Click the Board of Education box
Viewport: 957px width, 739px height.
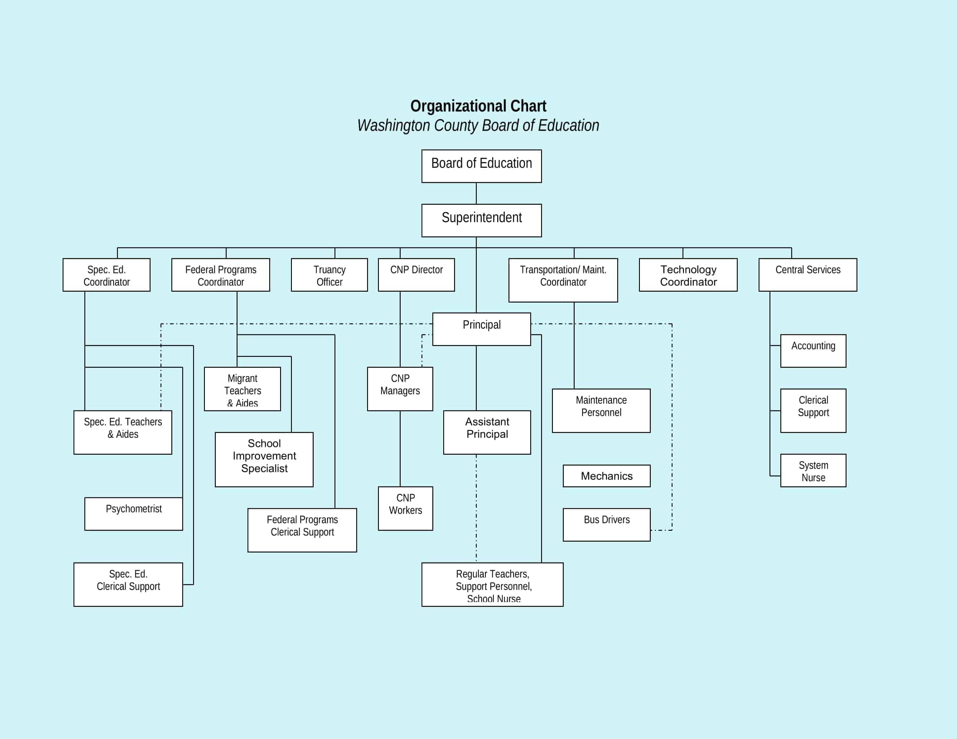click(482, 166)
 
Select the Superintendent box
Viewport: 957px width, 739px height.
click(482, 220)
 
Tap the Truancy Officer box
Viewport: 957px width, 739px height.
click(329, 275)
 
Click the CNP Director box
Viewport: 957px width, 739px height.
click(416, 275)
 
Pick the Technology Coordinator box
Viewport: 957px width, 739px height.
click(688, 275)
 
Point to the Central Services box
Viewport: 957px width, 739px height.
click(808, 275)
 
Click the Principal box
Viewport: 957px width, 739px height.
click(482, 329)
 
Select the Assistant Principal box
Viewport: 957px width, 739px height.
click(487, 432)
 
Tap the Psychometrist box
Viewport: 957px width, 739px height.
click(134, 513)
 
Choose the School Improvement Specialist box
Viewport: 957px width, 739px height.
click(264, 459)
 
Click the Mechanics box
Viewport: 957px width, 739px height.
click(606, 476)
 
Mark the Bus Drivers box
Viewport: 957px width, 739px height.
click(606, 525)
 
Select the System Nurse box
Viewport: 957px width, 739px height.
click(813, 471)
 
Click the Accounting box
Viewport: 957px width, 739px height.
click(813, 351)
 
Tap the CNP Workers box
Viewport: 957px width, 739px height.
click(405, 508)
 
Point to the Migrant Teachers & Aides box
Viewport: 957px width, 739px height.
click(242, 389)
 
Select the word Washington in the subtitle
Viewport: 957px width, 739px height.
click(393, 126)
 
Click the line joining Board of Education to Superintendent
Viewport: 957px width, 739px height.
click(476, 193)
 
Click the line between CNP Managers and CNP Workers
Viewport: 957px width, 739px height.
click(400, 449)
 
